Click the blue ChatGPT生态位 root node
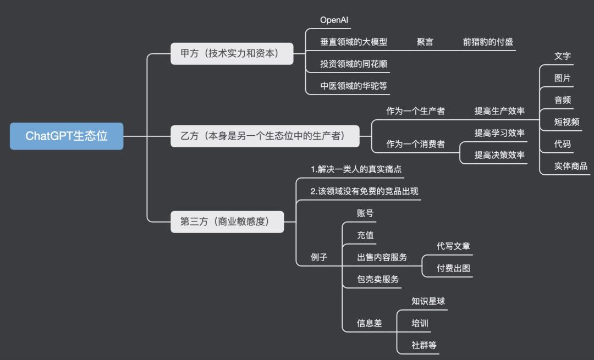coord(67,136)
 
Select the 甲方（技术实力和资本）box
coord(232,54)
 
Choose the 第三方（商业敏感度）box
coord(227,221)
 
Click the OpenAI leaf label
coord(335,20)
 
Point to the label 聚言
coord(425,42)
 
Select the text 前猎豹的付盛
coord(488,42)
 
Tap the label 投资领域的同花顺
coord(354,64)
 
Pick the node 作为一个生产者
coord(415,111)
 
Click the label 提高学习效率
coord(499,133)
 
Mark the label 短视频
coord(566,122)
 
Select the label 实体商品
coord(570,166)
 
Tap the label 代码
coord(562,144)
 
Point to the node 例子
coord(319,257)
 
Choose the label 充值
coord(365,235)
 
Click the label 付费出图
coord(453,268)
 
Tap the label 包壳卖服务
coord(378,279)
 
